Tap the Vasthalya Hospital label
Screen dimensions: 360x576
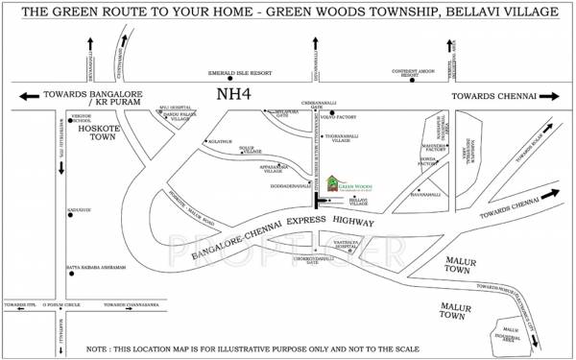pyautogui.click(x=347, y=241)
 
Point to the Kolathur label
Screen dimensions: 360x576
pyautogui.click(x=219, y=141)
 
